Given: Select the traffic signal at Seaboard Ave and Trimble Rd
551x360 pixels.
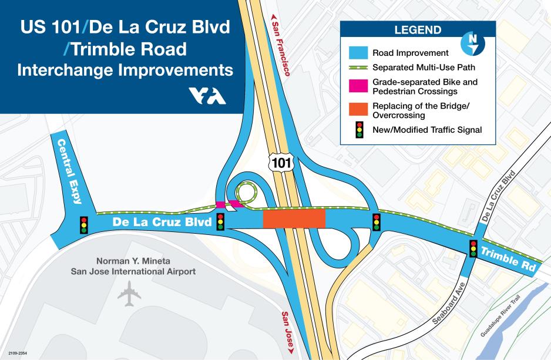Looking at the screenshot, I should tap(473, 248).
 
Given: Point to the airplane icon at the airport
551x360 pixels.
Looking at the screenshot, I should tap(129, 294).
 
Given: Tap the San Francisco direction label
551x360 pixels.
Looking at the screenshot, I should tap(280, 46).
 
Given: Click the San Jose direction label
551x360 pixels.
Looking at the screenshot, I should tap(288, 332).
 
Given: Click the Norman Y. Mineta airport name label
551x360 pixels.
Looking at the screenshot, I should tap(133, 266).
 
